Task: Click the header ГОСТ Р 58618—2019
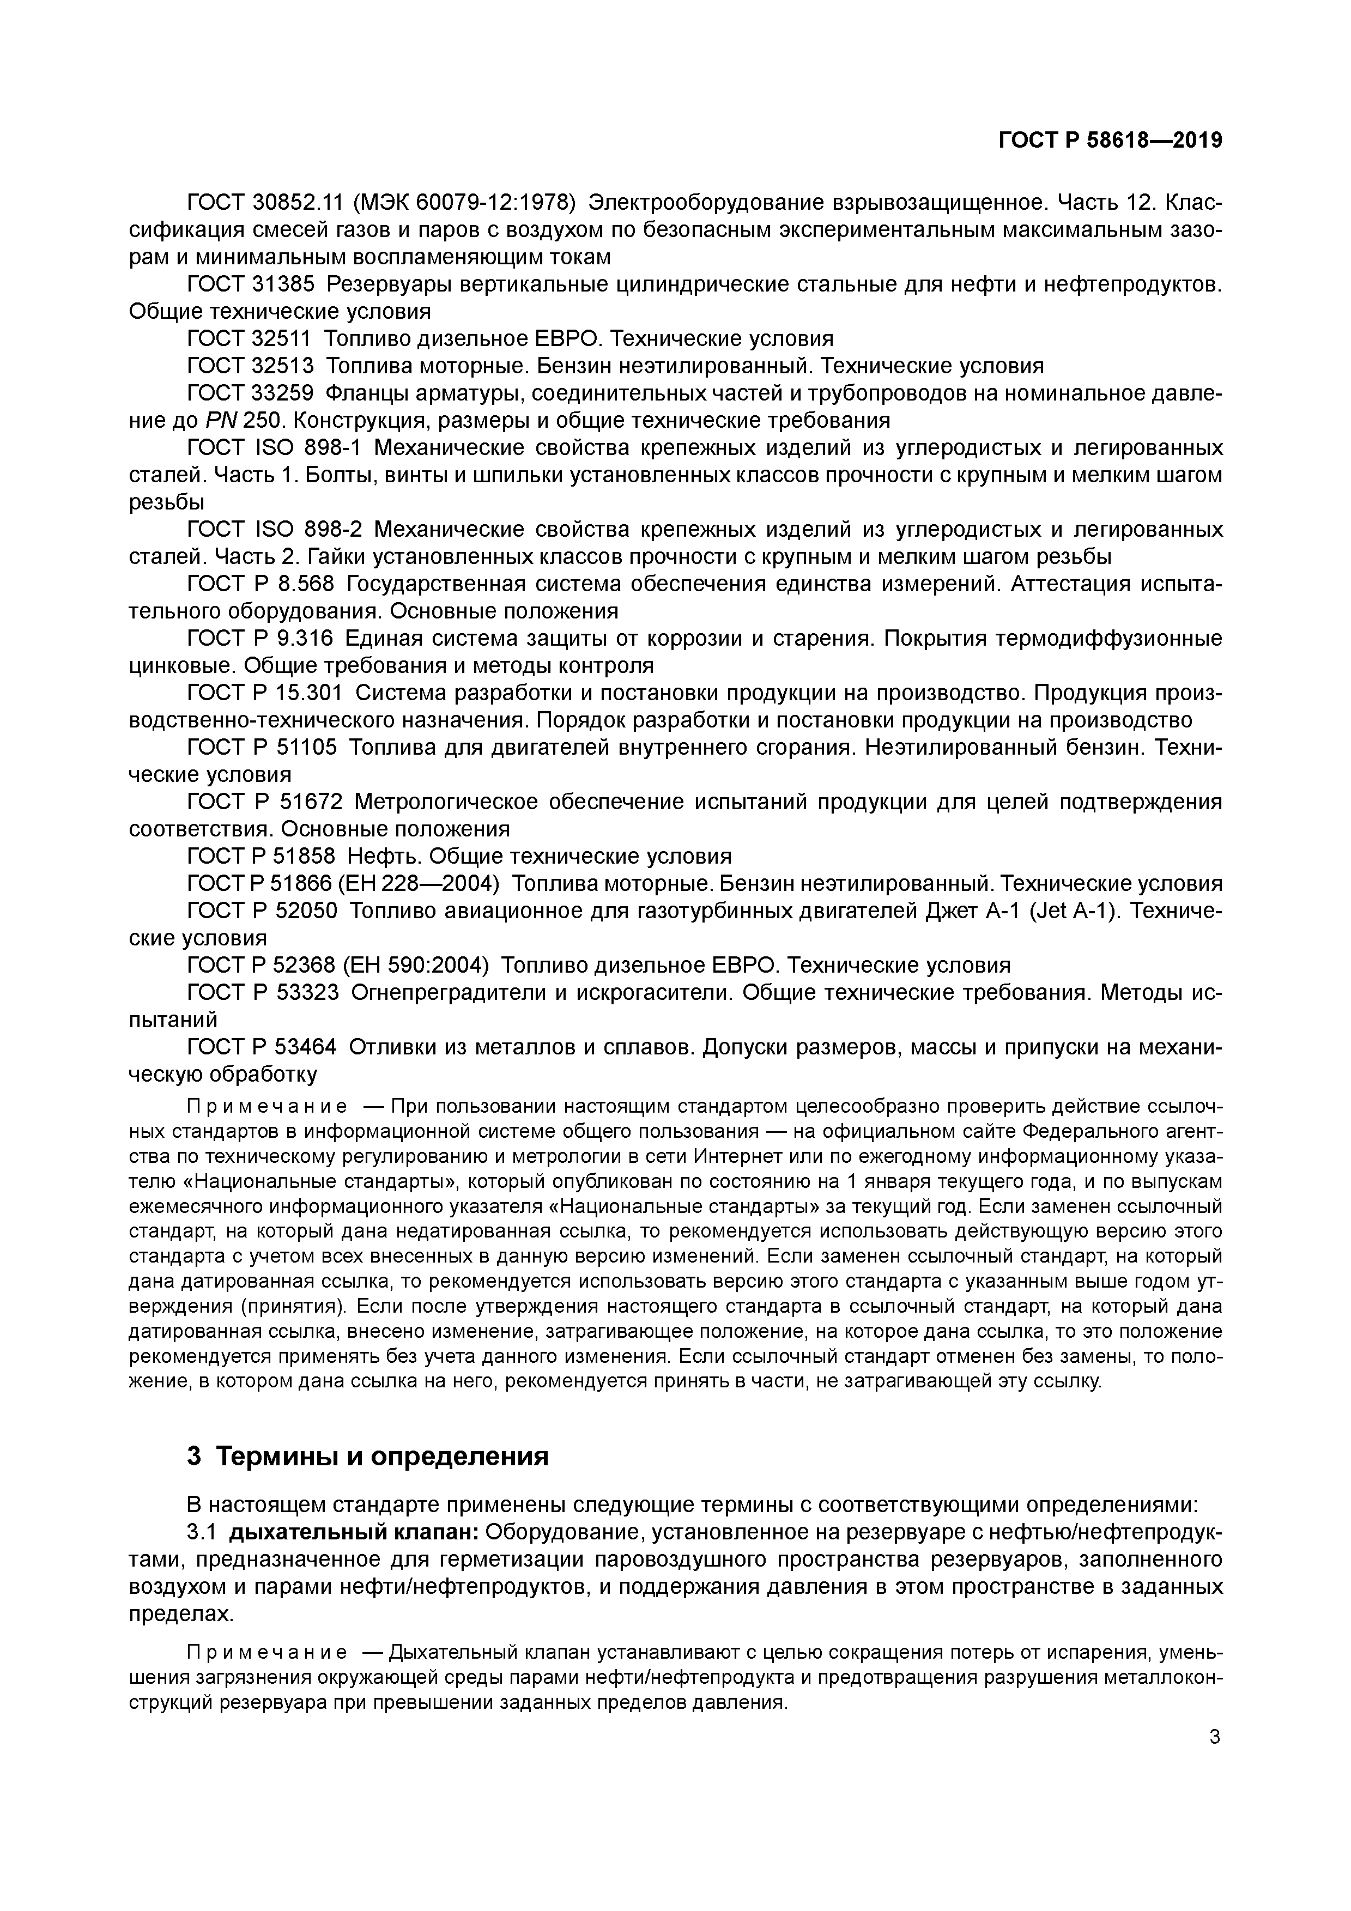(x=1110, y=141)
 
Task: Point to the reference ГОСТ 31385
(x=251, y=284)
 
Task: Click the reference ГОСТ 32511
(x=250, y=339)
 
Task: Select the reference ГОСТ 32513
(x=251, y=366)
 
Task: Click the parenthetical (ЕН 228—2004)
(x=418, y=884)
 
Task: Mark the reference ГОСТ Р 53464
(x=262, y=1047)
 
